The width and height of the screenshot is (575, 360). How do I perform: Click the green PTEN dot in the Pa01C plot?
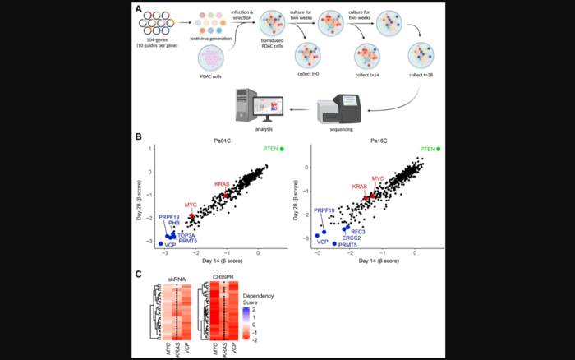click(282, 148)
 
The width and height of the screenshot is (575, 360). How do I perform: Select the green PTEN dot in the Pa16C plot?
click(441, 148)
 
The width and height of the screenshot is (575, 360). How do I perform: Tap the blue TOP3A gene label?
click(186, 234)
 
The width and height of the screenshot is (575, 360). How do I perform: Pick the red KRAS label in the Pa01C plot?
click(223, 183)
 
